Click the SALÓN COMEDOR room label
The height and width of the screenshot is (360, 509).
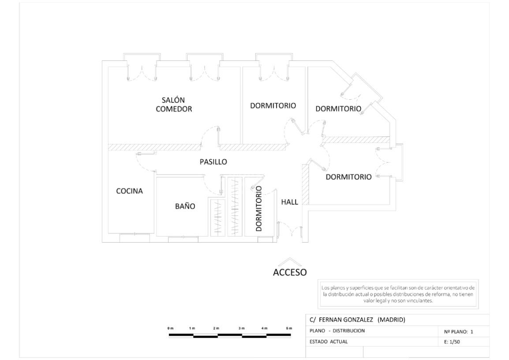tap(174, 105)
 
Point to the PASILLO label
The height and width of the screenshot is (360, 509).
tap(213, 162)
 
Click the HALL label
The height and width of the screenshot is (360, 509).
tap(290, 202)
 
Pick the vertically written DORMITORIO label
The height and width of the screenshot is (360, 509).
tap(259, 208)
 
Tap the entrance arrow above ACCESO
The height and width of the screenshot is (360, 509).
tap(289, 261)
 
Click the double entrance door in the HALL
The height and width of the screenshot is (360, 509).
tap(289, 232)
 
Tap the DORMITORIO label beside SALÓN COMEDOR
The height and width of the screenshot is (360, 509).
tap(273, 105)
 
